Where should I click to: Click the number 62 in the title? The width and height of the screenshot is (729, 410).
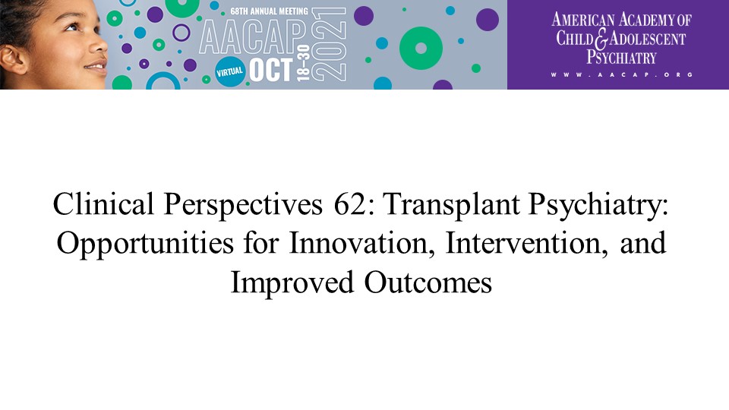[x=350, y=204]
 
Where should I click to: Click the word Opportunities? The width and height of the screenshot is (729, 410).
[x=145, y=244]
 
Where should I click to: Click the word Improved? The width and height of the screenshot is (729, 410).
[x=292, y=283]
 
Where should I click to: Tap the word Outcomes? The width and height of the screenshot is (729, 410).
[x=428, y=282]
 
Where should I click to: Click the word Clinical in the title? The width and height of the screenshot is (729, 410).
[x=103, y=203]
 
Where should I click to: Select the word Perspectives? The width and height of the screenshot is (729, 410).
[x=243, y=205]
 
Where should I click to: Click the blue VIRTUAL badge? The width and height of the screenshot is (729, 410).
[x=229, y=72]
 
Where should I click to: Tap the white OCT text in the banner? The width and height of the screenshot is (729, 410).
[x=271, y=70]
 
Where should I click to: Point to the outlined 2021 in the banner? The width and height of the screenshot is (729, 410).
[x=329, y=44]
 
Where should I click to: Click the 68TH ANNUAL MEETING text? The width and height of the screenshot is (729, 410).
[x=269, y=11]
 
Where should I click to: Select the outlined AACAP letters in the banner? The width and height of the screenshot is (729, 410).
[x=253, y=36]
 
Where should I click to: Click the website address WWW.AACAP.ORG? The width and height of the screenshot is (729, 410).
[x=622, y=74]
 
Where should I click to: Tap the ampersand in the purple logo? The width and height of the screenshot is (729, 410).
[x=601, y=39]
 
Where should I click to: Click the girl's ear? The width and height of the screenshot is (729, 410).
[x=12, y=59]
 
